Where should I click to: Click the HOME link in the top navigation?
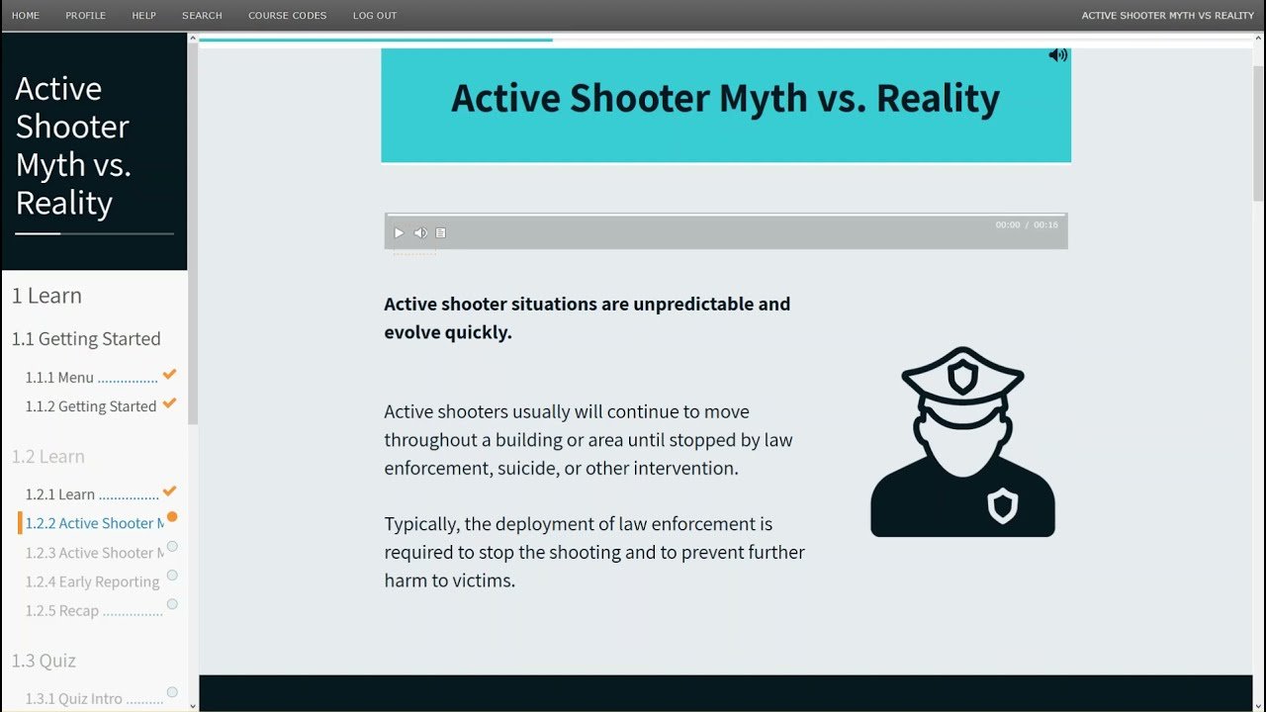26,15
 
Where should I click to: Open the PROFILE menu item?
85,15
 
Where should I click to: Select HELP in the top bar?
143,15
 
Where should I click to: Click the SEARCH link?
202,15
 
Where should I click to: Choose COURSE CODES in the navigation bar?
287,15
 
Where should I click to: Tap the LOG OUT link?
375,15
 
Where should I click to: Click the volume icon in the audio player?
420,232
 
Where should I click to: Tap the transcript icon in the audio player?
441,232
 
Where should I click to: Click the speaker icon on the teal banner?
1058,54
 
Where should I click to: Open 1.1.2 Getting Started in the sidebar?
90,406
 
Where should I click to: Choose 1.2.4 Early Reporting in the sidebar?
92,581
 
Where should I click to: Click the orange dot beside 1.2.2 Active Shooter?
172,516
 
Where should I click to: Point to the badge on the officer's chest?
1003,505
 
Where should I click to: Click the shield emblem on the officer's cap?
962,378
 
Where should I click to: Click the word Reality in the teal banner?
939,99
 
